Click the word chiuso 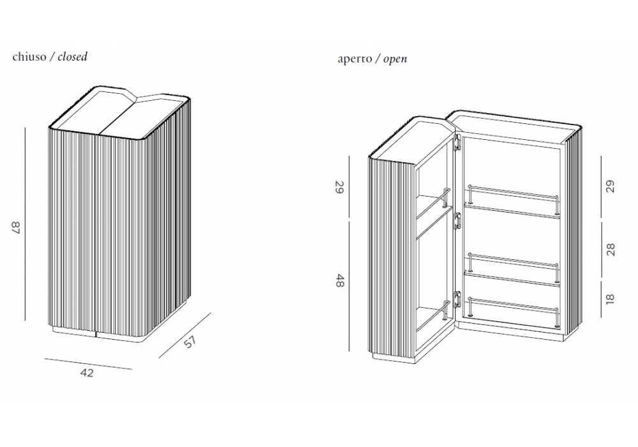(29, 57)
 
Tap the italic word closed (73, 57)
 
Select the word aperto (354, 59)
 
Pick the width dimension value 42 (87, 373)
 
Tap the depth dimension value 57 (190, 342)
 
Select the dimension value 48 (339, 280)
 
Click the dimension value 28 (611, 249)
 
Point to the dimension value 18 (611, 299)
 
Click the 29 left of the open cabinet (339, 187)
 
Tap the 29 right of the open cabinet (611, 186)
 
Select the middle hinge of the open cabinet (457, 221)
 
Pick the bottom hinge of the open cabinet (457, 298)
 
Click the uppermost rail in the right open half (514, 191)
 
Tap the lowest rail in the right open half (514, 301)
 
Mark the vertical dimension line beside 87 (25, 224)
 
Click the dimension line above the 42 (87, 363)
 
